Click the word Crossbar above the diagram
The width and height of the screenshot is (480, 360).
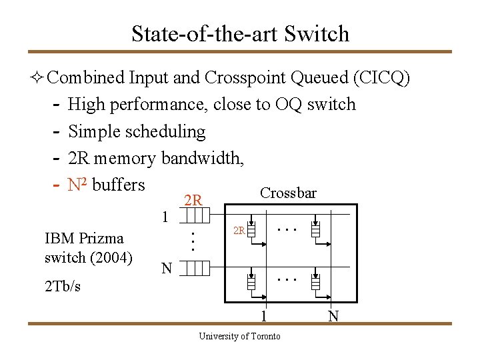click(x=288, y=193)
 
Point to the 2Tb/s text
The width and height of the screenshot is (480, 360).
click(x=62, y=286)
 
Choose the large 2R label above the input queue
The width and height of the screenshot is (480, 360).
click(x=193, y=199)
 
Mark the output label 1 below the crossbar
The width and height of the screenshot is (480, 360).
click(x=264, y=316)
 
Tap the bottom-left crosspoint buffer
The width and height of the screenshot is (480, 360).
click(x=252, y=282)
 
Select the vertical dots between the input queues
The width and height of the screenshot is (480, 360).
click(x=192, y=241)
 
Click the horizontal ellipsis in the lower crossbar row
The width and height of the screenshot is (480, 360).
click(x=287, y=279)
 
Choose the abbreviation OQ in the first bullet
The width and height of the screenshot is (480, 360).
click(x=288, y=105)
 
